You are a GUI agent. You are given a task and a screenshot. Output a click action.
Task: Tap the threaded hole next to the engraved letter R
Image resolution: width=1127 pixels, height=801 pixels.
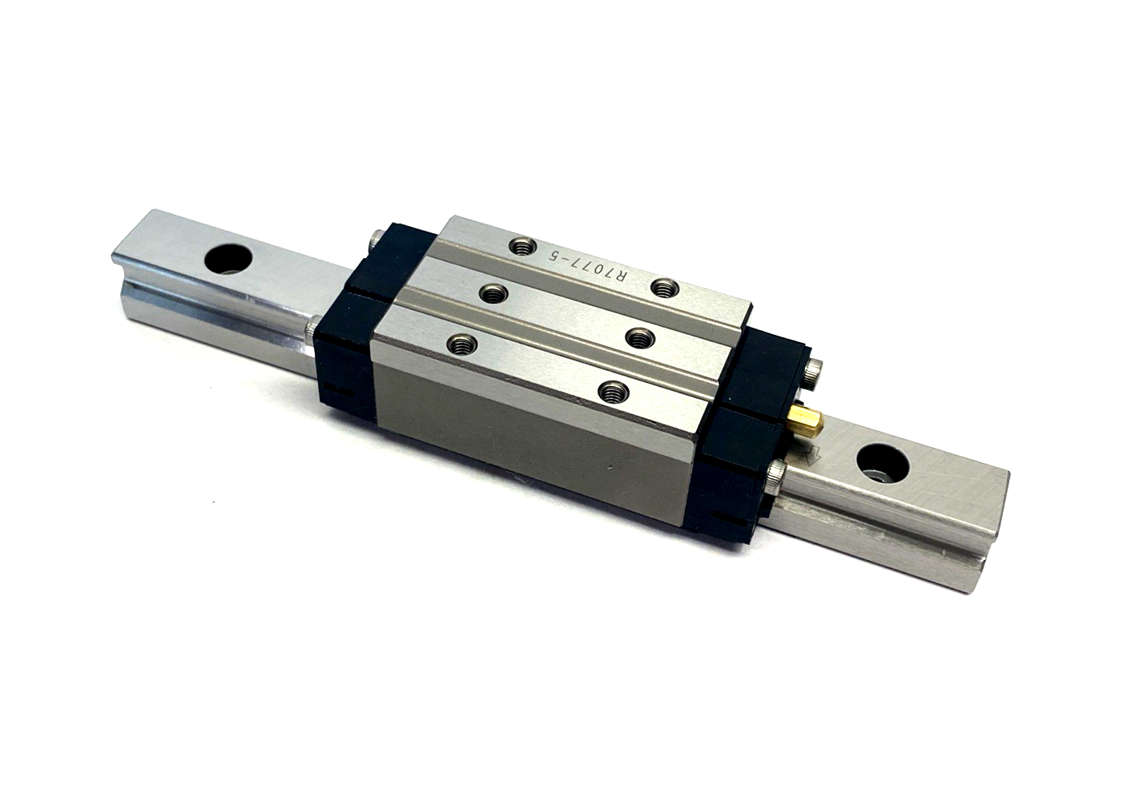pyautogui.click(x=664, y=286)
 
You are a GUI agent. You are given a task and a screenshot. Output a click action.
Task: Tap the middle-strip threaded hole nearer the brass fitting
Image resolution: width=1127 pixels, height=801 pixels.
pyautogui.click(x=638, y=337)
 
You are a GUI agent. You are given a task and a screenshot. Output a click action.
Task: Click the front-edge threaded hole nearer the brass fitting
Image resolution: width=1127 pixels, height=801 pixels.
pyautogui.click(x=613, y=391)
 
